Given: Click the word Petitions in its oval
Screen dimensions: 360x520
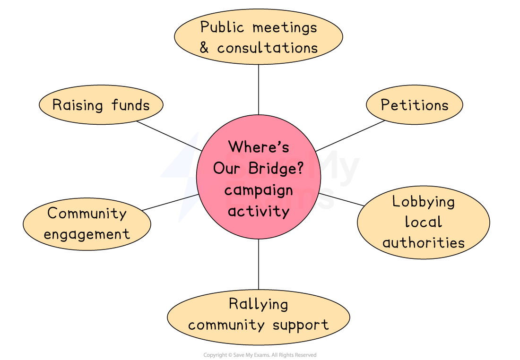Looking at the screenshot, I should pyautogui.click(x=415, y=105).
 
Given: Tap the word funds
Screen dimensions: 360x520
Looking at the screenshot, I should pyautogui.click(x=130, y=105).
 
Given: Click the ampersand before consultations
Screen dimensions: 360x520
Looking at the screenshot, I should pyautogui.click(x=204, y=48).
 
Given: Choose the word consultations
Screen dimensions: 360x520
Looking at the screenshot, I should pyautogui.click(x=267, y=48).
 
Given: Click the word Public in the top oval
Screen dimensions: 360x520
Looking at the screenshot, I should pyautogui.click(x=222, y=27).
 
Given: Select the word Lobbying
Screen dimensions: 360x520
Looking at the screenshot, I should pyautogui.click(x=424, y=202).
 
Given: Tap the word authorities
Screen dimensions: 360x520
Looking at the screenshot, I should pyautogui.click(x=424, y=243).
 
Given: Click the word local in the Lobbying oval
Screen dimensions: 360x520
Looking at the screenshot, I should pyautogui.click(x=424, y=222).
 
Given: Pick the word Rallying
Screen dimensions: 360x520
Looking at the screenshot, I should pyautogui.click(x=258, y=304).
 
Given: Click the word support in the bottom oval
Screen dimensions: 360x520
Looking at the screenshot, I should pyautogui.click(x=300, y=325).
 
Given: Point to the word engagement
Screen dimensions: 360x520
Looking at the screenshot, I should pyautogui.click(x=87, y=234).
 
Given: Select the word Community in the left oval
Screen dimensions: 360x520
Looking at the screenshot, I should pyautogui.click(x=87, y=214).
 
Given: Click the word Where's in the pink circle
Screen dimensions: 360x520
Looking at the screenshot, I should pyautogui.click(x=259, y=147).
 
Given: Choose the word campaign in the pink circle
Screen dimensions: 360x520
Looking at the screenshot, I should pyautogui.click(x=259, y=190).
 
